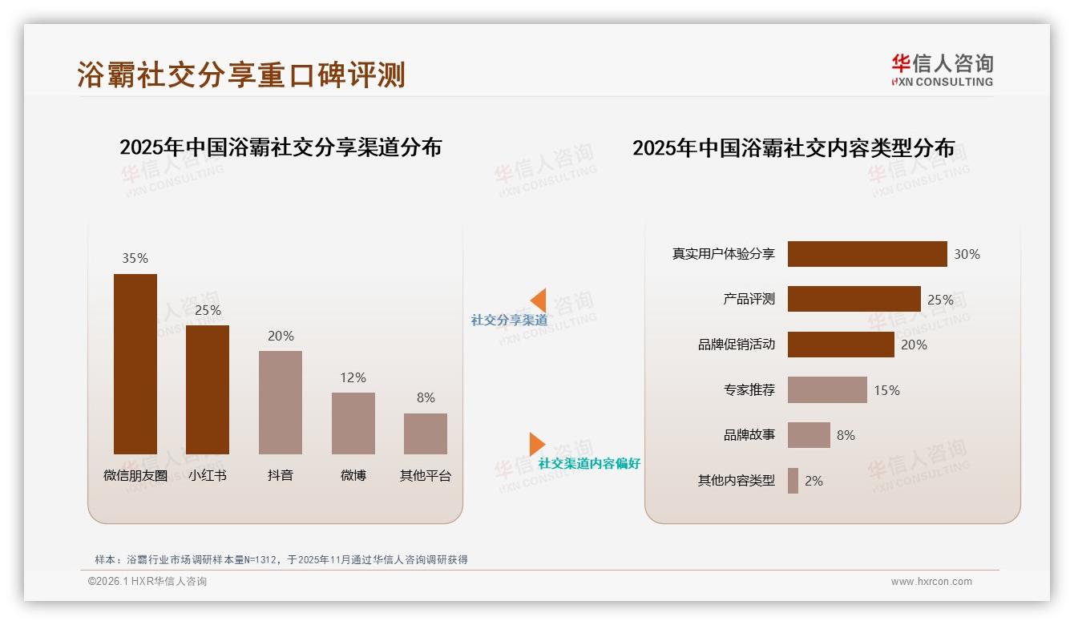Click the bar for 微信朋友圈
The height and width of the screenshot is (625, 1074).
(x=135, y=364)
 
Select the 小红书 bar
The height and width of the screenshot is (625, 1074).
(x=208, y=389)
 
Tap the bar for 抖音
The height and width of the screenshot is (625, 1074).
(x=281, y=402)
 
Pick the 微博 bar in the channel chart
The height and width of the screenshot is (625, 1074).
(x=353, y=423)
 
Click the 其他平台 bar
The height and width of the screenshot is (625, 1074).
(x=426, y=433)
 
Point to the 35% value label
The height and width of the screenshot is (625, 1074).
(x=135, y=258)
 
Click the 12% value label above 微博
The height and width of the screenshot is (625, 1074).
(x=353, y=377)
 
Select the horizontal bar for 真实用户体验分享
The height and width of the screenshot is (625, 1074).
(x=867, y=254)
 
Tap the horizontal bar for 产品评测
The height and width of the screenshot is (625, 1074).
(x=854, y=299)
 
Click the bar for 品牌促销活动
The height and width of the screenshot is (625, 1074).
(x=841, y=345)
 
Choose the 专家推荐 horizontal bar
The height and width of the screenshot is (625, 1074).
(x=827, y=390)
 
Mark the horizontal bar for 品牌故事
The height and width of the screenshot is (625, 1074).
(x=809, y=435)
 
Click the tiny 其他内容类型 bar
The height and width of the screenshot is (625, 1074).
(x=793, y=481)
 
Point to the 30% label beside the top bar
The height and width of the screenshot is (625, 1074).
(x=967, y=254)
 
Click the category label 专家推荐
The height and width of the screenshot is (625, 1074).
(x=749, y=390)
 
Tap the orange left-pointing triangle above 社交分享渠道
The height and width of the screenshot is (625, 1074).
(x=539, y=300)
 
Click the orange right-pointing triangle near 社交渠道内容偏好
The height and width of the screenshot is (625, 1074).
(x=536, y=444)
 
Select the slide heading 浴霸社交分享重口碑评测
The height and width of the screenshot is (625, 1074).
(x=241, y=75)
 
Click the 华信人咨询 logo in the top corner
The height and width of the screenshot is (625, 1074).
(x=942, y=70)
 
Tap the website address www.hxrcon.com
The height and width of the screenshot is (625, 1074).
(x=931, y=582)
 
